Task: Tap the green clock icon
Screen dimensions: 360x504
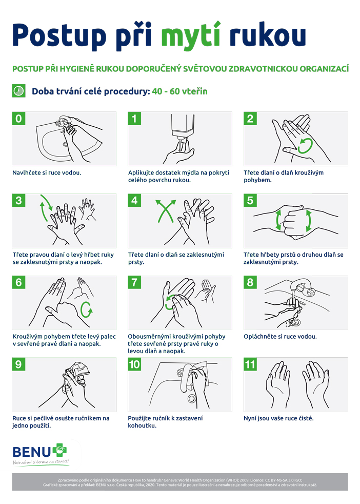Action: [x=18, y=91]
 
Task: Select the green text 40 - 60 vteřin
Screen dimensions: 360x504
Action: [x=180, y=91]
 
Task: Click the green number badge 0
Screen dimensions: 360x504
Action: [x=18, y=118]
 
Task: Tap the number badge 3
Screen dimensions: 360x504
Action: [x=18, y=200]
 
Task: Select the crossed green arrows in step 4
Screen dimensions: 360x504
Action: [x=166, y=211]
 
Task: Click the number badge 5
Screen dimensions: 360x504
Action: [x=250, y=200]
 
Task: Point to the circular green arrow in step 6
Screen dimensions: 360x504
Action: [x=86, y=309]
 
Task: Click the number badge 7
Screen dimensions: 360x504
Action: [x=134, y=282]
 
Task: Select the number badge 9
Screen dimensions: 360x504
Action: [x=18, y=364]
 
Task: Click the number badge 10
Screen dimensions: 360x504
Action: [x=134, y=364]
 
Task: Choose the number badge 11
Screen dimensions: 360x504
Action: [x=250, y=364]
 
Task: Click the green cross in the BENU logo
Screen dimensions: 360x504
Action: [x=59, y=450]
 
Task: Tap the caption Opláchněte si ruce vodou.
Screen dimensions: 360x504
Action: [x=280, y=337]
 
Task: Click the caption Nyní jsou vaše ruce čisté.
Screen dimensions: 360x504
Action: [x=278, y=418]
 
